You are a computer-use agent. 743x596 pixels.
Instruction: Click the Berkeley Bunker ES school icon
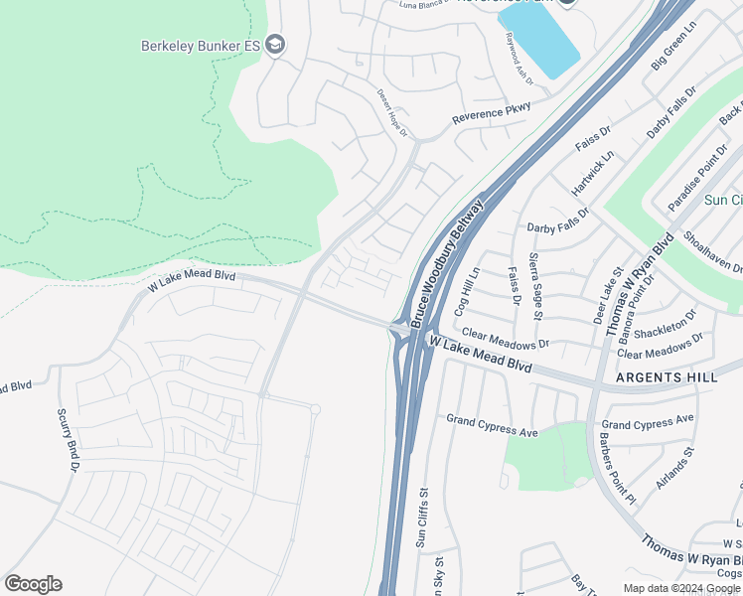(275, 45)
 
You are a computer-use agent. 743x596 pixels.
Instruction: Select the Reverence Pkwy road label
(492, 112)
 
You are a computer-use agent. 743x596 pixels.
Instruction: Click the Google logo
(33, 584)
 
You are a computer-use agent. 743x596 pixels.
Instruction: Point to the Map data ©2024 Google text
(681, 588)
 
